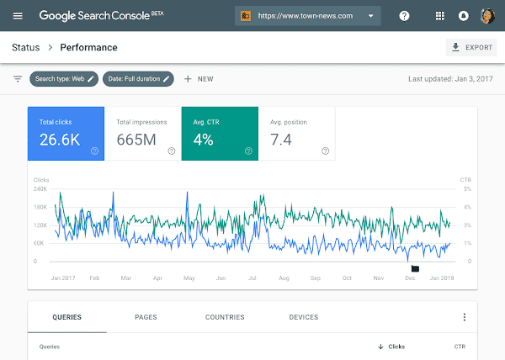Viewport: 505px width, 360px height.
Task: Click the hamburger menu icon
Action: coord(18,16)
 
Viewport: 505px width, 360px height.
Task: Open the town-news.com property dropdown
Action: coord(307,16)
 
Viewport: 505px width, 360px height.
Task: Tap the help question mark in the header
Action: coord(404,16)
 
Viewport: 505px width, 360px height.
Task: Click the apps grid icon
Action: coord(439,16)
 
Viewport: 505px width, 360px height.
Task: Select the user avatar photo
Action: coord(486,16)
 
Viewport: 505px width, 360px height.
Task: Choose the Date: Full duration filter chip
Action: coord(138,79)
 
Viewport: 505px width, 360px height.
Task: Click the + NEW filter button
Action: coord(199,79)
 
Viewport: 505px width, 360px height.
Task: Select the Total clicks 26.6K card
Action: coord(66,133)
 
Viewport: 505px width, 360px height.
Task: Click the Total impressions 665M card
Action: coord(143,133)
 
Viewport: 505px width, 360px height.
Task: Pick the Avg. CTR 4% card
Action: coord(220,133)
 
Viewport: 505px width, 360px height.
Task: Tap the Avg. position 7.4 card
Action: coord(296,133)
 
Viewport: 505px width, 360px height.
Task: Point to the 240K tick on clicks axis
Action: coord(40,189)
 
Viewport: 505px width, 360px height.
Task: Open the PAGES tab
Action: coord(146,317)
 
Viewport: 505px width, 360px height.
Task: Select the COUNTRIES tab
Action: coord(225,317)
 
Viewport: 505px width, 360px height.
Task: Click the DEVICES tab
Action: coord(303,317)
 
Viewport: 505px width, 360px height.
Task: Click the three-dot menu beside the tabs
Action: coord(464,317)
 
